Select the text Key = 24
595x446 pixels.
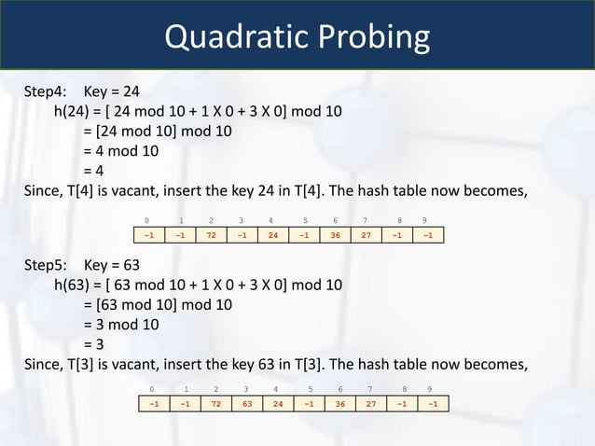(x=117, y=91)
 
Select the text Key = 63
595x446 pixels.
(x=117, y=264)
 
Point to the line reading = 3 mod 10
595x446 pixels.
(x=120, y=325)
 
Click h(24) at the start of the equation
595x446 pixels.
(x=75, y=111)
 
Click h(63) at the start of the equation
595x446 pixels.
(x=75, y=285)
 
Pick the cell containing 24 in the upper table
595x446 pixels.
(x=272, y=235)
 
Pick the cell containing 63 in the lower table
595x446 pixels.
(x=247, y=404)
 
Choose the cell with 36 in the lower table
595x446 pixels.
(x=340, y=404)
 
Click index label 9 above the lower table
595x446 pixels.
(x=429, y=387)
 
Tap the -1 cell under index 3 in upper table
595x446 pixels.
(x=242, y=235)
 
